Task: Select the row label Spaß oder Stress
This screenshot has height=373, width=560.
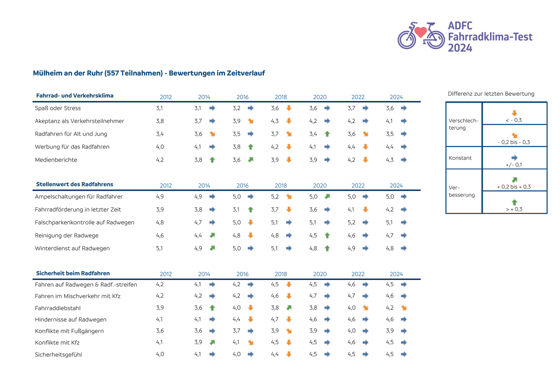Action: pyautogui.click(x=58, y=108)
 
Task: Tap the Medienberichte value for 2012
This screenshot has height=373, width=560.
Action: pyautogui.click(x=160, y=160)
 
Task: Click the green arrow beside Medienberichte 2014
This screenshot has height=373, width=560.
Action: pyautogui.click(x=212, y=160)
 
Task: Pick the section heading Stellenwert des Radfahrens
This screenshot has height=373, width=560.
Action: pyautogui.click(x=74, y=184)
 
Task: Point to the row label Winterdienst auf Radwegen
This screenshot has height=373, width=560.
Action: pyautogui.click(x=72, y=248)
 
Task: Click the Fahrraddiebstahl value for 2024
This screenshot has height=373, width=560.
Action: pyautogui.click(x=390, y=308)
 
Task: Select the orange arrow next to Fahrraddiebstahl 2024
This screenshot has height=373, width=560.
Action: pyautogui.click(x=404, y=308)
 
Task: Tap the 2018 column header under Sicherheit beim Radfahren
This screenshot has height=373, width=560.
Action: pyautogui.click(x=281, y=274)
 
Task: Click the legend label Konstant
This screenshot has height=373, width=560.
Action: pyautogui.click(x=460, y=158)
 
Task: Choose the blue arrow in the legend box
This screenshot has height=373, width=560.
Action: pyautogui.click(x=514, y=158)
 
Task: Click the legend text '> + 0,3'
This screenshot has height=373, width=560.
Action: pyautogui.click(x=514, y=209)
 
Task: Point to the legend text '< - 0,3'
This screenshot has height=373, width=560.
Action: pyautogui.click(x=514, y=120)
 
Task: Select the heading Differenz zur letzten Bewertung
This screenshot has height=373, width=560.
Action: pyautogui.click(x=491, y=94)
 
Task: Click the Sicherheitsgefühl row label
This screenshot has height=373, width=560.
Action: pyautogui.click(x=58, y=355)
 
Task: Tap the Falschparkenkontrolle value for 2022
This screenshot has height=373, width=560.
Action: pyautogui.click(x=351, y=222)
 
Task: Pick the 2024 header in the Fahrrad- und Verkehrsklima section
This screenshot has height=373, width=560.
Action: pyautogui.click(x=396, y=97)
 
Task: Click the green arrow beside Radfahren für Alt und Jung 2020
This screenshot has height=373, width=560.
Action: pyautogui.click(x=327, y=134)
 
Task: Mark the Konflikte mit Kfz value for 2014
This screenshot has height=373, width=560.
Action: pyautogui.click(x=198, y=342)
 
